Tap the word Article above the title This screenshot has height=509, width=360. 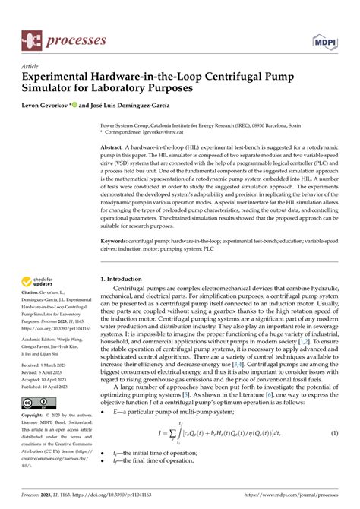(x=30, y=67)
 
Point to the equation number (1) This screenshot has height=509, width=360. (x=333, y=454)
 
